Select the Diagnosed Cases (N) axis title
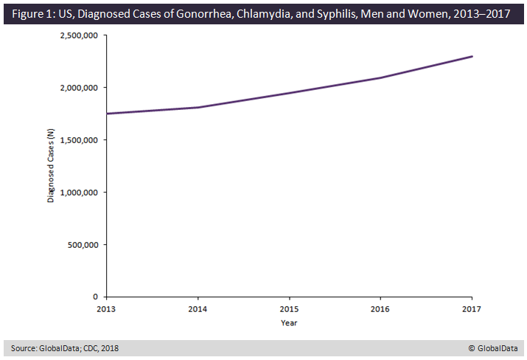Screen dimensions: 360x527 [51, 166]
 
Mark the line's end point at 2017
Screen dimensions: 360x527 [472, 56]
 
